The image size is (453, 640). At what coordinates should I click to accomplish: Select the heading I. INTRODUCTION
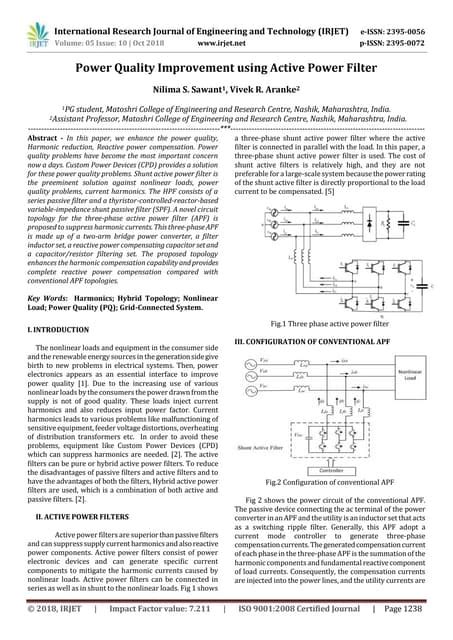(58, 329)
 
